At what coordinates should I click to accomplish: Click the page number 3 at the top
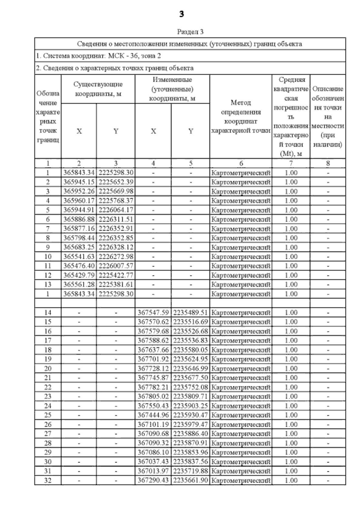[x=182, y=14]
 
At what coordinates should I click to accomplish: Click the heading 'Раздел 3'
[x=190, y=32]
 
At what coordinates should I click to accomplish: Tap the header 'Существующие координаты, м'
[x=98, y=89]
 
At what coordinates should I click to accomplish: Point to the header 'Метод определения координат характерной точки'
[x=241, y=117]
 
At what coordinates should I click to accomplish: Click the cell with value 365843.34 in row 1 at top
[x=79, y=173]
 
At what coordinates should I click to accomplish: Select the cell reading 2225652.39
[x=116, y=182]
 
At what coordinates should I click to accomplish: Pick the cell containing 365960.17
[x=79, y=201]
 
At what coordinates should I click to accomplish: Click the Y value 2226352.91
[x=116, y=229]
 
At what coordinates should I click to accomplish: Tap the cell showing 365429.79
[x=79, y=275]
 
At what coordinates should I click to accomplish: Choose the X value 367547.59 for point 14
[x=153, y=313]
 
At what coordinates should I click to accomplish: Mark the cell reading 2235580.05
[x=190, y=350]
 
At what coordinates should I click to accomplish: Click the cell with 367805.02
[x=153, y=396]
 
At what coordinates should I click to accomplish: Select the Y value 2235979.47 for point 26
[x=190, y=424]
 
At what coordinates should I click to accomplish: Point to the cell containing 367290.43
[x=153, y=480]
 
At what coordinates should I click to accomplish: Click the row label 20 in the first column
[x=48, y=368]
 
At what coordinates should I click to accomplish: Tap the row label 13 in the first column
[x=48, y=285]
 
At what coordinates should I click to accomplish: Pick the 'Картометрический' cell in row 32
[x=241, y=480]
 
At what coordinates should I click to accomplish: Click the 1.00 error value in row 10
[x=291, y=257]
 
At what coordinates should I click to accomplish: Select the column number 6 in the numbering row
[x=241, y=164]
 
